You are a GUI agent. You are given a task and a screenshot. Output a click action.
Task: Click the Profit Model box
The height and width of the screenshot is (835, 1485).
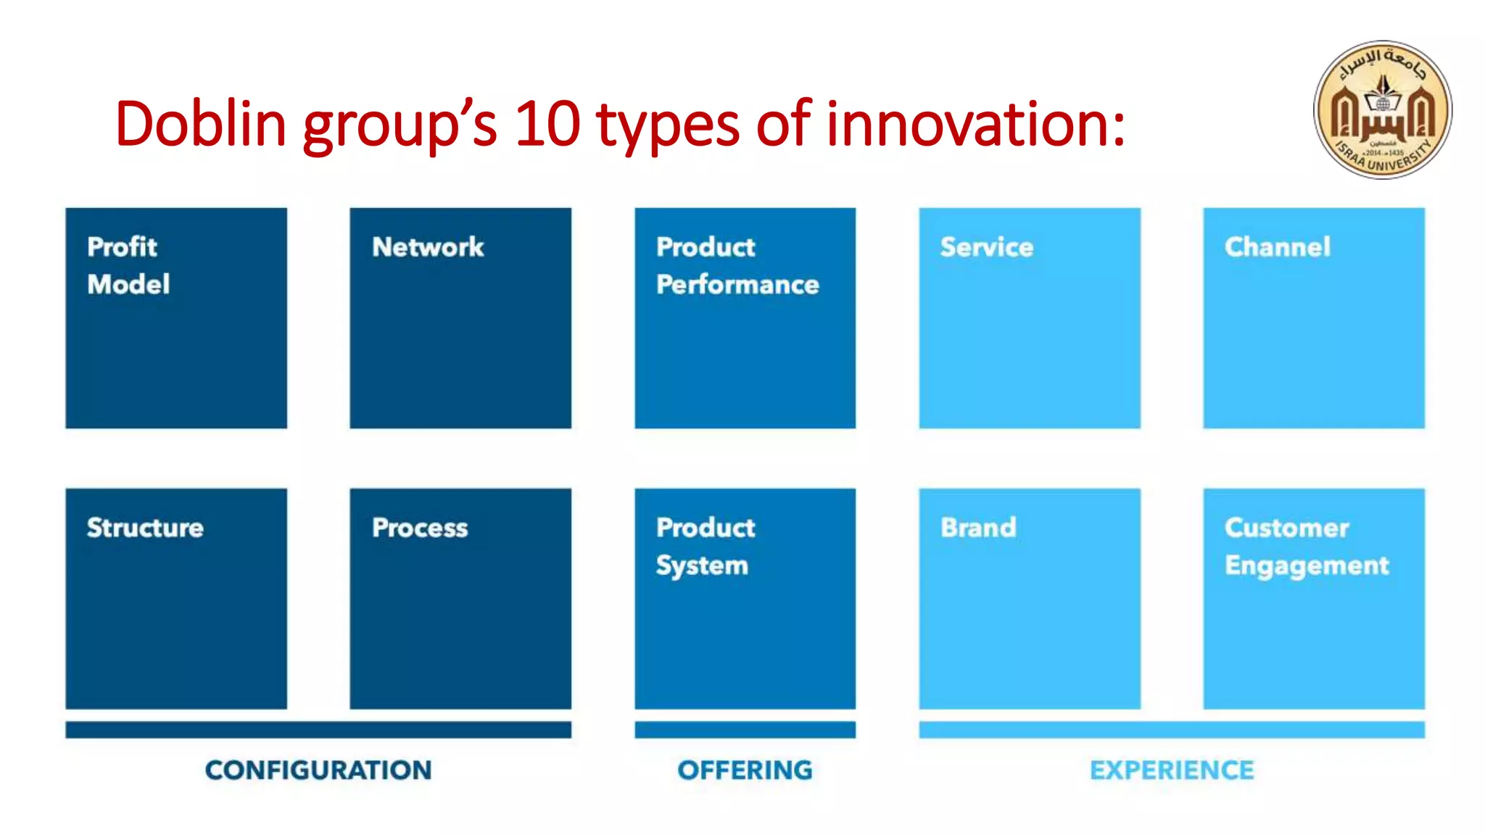(x=176, y=317)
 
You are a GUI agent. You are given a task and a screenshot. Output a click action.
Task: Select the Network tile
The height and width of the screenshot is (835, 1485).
(x=460, y=317)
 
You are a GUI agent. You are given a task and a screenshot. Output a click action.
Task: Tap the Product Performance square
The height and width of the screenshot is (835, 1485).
(x=745, y=317)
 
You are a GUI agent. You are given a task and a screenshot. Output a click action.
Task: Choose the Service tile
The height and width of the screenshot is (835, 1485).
(x=1030, y=317)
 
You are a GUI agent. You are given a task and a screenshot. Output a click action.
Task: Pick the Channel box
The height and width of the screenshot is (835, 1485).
(x=1314, y=317)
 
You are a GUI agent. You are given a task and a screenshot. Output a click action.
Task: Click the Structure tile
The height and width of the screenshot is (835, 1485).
(x=176, y=598)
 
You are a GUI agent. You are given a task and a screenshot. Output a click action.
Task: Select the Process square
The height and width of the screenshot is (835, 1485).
(x=460, y=598)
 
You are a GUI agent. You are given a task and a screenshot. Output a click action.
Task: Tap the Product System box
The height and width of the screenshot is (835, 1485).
(x=745, y=598)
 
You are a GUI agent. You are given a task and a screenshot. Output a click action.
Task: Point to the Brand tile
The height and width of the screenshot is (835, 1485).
(x=1030, y=598)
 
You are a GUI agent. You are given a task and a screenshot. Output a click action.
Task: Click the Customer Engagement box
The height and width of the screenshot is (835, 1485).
(x=1314, y=598)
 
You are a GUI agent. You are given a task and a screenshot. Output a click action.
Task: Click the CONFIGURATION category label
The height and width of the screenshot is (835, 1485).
(x=318, y=770)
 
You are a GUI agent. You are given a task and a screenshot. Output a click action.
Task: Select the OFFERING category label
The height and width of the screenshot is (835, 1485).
(x=745, y=770)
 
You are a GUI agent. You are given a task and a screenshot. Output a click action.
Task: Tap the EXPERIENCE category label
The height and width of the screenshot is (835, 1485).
(x=1172, y=770)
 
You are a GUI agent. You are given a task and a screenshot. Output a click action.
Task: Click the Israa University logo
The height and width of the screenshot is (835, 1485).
(x=1382, y=109)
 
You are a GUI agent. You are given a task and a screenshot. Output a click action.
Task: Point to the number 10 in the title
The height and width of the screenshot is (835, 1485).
(x=547, y=123)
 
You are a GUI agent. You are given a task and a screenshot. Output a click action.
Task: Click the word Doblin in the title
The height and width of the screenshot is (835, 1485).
(x=201, y=123)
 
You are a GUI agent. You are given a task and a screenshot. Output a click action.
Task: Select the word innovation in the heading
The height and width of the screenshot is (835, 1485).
(x=975, y=123)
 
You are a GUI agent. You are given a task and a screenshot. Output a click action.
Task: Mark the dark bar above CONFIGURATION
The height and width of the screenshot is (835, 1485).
(x=318, y=729)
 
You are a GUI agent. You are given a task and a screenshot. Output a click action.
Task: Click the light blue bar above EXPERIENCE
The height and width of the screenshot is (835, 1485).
(x=1172, y=729)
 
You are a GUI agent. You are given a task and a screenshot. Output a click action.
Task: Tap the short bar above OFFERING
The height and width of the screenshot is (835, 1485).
(x=745, y=729)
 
